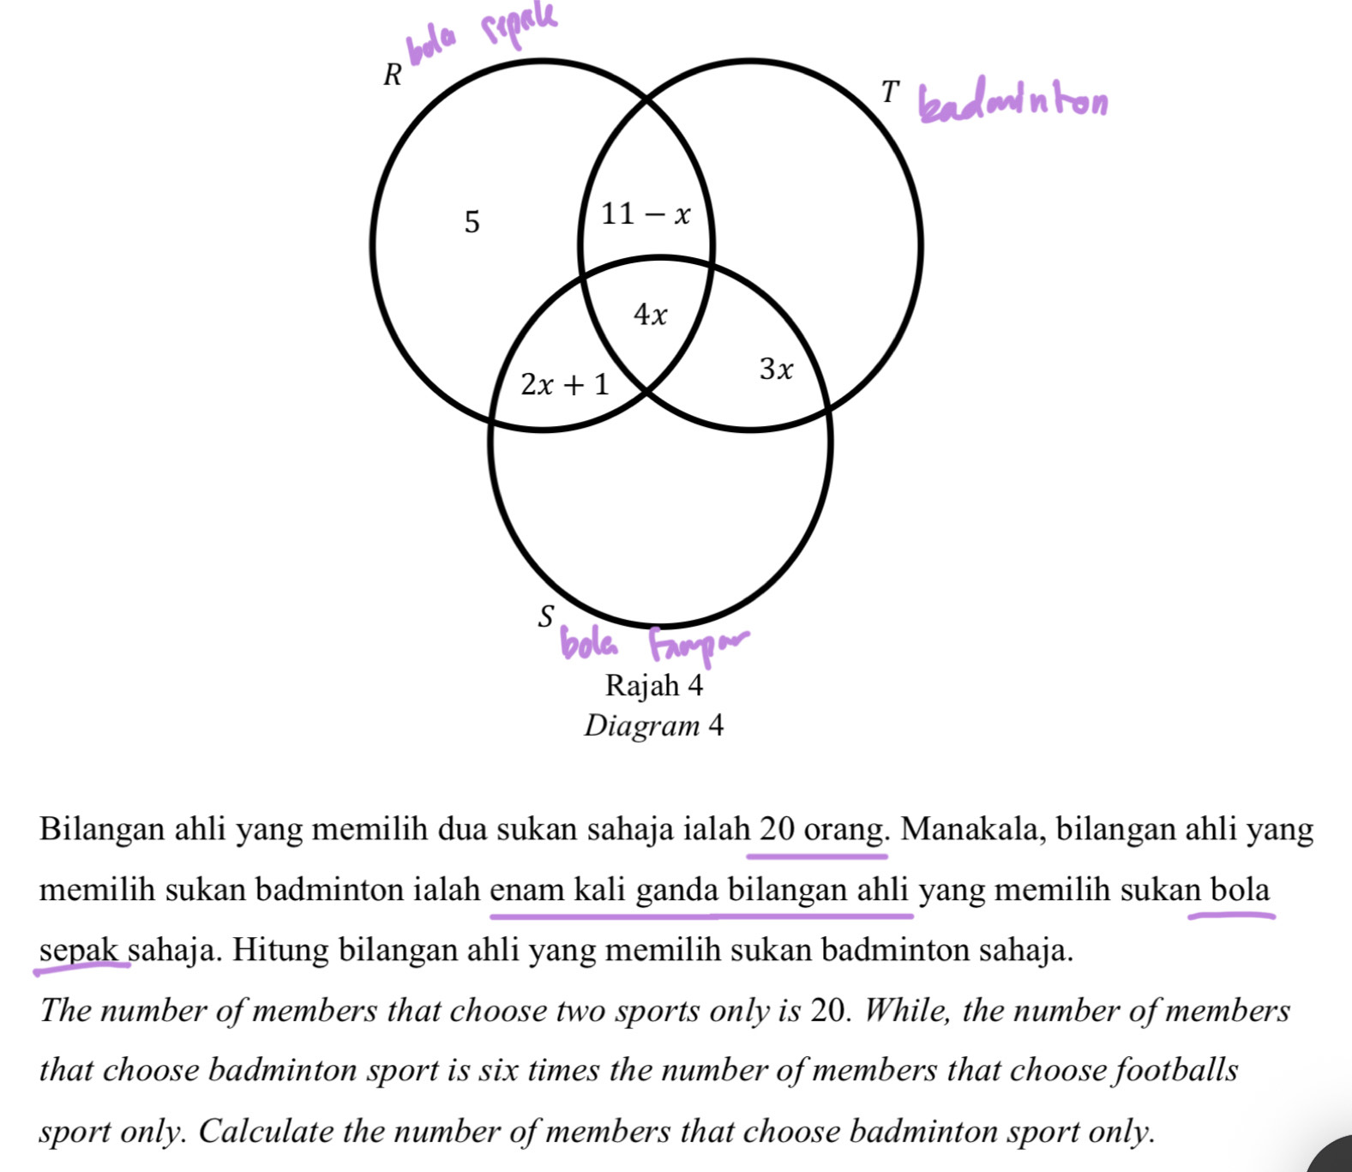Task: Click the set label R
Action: pos(393,75)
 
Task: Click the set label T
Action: pos(891,92)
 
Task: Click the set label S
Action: pos(546,616)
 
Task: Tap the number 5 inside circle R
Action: pos(472,223)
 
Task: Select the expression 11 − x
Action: pos(646,213)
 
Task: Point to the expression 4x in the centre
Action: pos(650,316)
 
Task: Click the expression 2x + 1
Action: pos(565,385)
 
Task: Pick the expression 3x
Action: pos(776,370)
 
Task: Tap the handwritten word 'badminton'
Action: pos(1012,103)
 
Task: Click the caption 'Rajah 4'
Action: pos(654,686)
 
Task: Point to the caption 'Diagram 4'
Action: pos(654,726)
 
